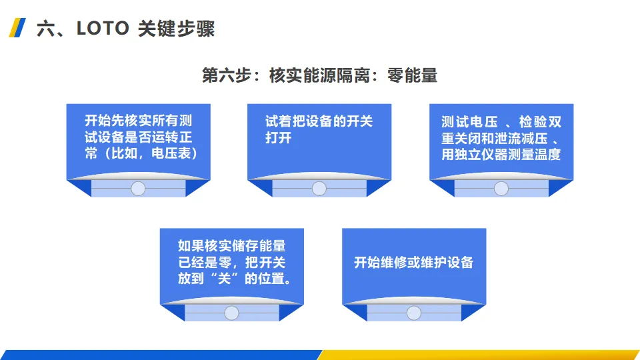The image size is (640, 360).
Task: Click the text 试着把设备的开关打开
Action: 319,129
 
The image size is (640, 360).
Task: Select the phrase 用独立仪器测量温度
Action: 501,154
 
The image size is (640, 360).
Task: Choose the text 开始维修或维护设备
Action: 413,262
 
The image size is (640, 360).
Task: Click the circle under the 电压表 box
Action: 138,188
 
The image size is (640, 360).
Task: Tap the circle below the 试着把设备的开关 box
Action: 319,188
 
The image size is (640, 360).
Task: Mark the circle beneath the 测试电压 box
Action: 501,188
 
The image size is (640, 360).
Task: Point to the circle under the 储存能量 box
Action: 231,313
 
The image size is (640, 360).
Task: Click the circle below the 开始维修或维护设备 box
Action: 414,313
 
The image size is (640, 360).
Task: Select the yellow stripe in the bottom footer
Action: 480,355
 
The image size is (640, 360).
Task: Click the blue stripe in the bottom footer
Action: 160,355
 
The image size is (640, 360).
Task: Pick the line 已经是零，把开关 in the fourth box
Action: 231,262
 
